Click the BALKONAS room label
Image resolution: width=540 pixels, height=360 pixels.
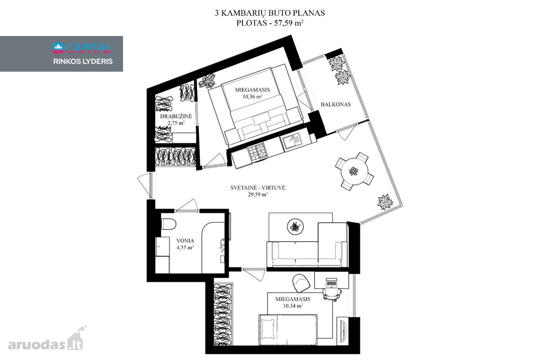336,104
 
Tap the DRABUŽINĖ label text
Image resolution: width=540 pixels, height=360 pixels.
176,116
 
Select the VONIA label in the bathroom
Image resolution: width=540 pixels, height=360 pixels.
185,241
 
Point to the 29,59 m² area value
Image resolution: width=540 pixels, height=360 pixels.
258,194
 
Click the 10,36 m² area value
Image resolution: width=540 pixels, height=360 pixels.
252,97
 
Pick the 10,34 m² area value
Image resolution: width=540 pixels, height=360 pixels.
293,306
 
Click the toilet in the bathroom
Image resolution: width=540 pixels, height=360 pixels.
168,224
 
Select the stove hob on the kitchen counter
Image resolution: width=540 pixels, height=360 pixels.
257,152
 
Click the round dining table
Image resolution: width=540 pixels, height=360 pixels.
354,171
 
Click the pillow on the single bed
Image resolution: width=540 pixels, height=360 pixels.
268,328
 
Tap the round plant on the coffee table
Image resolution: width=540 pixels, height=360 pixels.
295,227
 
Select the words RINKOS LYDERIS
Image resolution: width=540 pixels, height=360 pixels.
83,62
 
